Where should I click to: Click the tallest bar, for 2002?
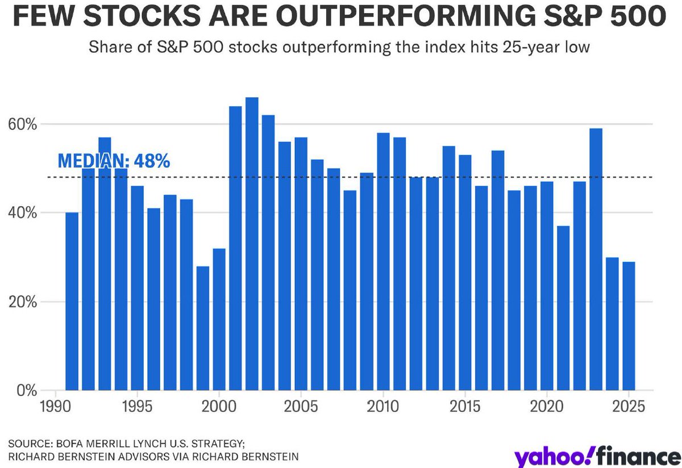pos(252,244)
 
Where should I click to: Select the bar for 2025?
pos(628,326)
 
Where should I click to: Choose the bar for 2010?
pos(383,262)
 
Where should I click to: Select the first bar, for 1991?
pos(72,302)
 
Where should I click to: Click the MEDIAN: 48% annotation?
pos(114,161)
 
